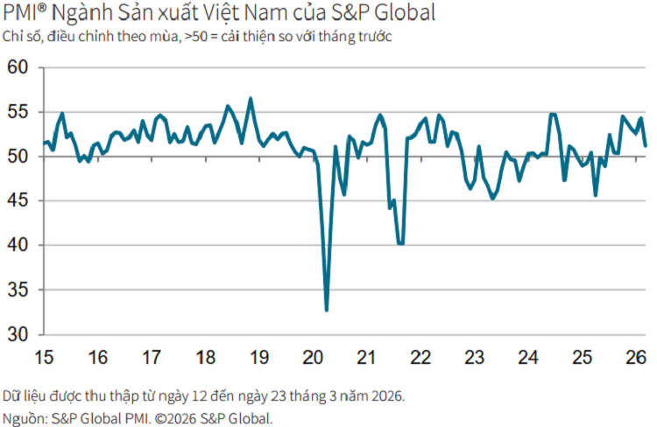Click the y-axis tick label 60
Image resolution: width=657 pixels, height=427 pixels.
(18, 68)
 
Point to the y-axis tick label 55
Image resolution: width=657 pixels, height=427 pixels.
(18, 113)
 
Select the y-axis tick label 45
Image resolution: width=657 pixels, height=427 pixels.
(18, 201)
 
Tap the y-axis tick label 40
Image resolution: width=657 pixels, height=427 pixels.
(18, 246)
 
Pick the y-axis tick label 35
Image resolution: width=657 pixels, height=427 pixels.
(18, 290)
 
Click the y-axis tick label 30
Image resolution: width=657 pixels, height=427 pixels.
(18, 334)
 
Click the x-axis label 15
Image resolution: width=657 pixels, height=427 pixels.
(44, 357)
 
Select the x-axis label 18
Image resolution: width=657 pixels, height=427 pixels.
(206, 357)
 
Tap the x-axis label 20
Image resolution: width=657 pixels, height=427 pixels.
(314, 357)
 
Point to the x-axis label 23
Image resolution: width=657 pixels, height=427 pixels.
(475, 357)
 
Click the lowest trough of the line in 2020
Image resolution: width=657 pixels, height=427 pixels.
(327, 310)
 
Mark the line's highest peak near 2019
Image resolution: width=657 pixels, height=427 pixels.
(251, 98)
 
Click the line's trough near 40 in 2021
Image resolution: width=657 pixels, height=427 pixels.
(401, 243)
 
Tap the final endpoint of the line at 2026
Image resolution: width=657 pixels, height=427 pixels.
(646, 145)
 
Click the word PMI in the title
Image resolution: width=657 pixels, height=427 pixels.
(21, 14)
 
